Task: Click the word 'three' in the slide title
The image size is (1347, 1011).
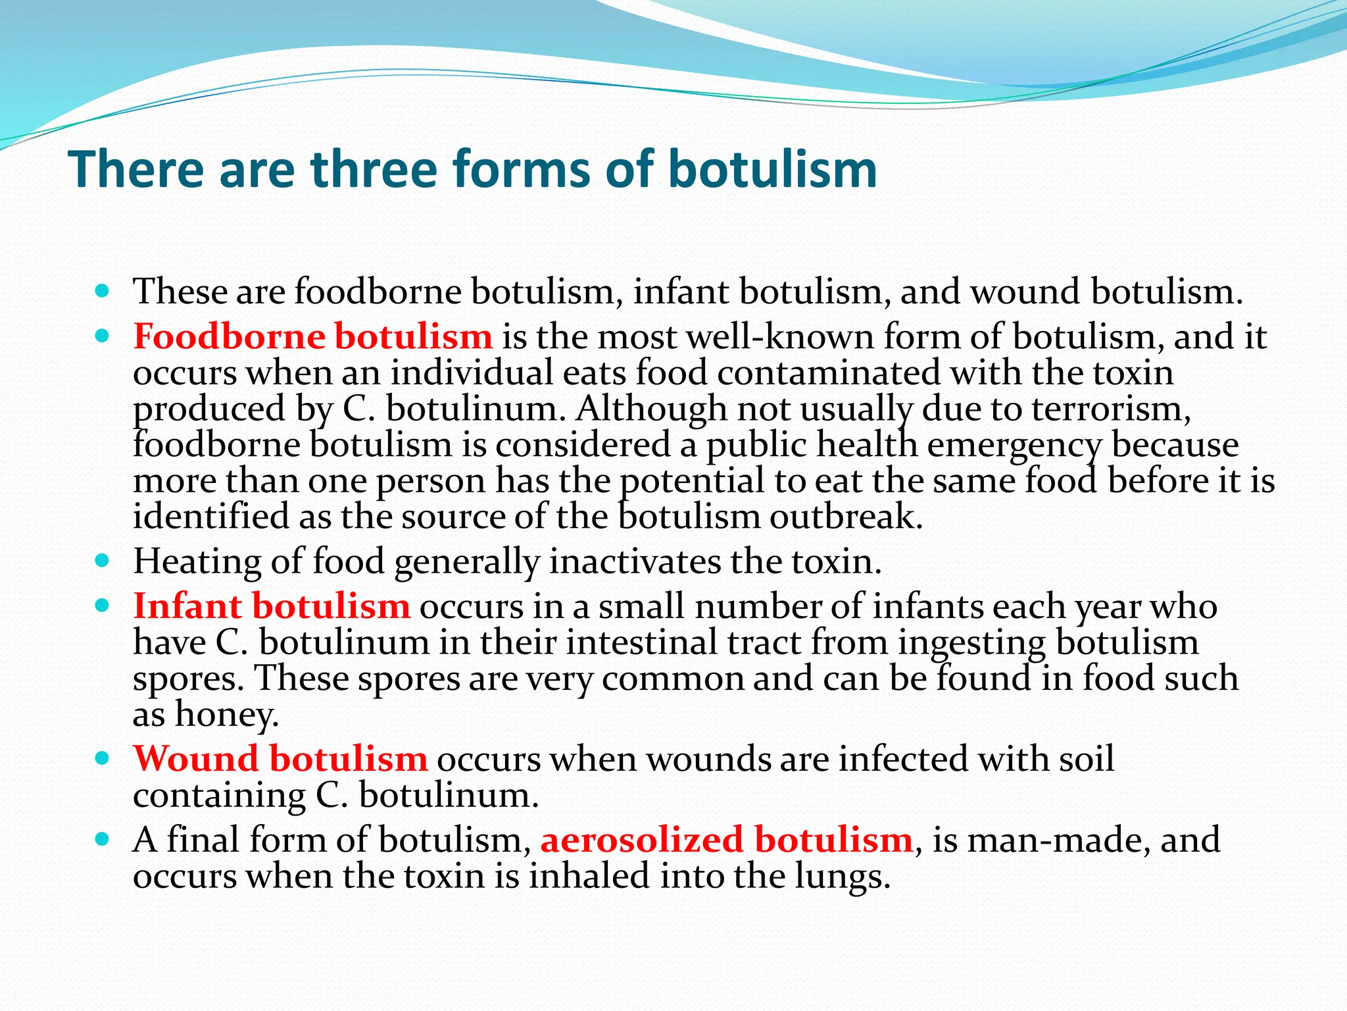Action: pos(374,169)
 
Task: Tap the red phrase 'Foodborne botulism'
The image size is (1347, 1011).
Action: pos(312,336)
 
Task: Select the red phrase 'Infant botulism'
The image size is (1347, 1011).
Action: pos(272,606)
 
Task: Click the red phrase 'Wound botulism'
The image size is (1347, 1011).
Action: pos(280,759)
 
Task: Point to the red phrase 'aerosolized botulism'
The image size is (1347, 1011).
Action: pos(726,841)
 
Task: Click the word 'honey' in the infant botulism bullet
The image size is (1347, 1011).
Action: pos(226,714)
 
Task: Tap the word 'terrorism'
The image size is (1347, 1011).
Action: pos(1111,409)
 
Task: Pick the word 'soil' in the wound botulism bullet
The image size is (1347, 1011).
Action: pos(1086,759)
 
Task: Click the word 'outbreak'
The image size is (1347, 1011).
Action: pos(846,517)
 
